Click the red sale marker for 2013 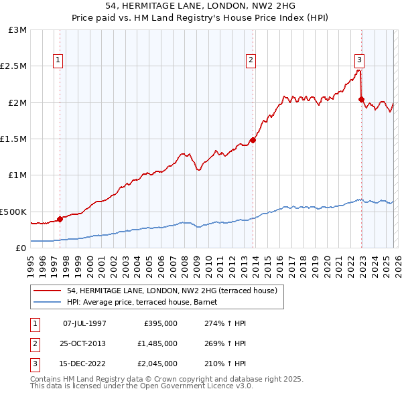click(x=253, y=140)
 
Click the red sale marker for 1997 click(x=60, y=218)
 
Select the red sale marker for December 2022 click(x=361, y=99)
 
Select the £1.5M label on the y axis click(x=13, y=139)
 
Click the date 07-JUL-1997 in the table click(x=84, y=323)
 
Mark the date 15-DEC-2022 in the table click(x=84, y=364)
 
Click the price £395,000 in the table click(x=161, y=323)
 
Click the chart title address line click(x=201, y=5)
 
